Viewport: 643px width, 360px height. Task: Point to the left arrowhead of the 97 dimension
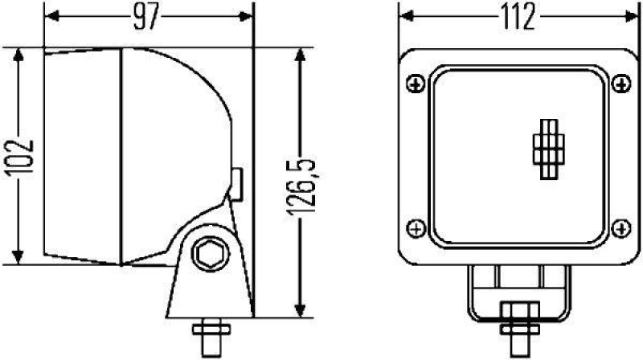point(50,16)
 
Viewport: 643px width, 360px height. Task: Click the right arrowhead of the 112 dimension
point(627,16)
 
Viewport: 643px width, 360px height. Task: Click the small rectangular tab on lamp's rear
point(238,182)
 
